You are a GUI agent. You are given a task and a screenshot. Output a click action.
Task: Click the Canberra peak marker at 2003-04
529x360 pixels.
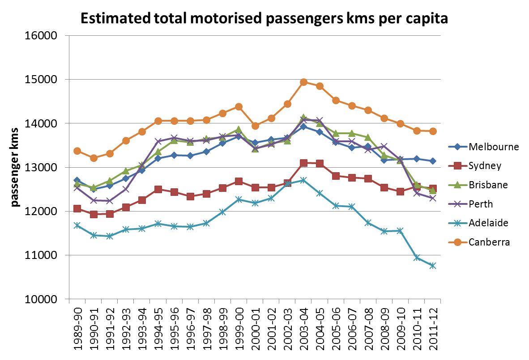(x=303, y=82)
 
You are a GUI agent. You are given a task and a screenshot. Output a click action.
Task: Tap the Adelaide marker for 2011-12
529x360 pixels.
(x=433, y=266)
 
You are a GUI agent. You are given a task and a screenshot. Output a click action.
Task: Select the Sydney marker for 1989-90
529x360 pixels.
(x=77, y=208)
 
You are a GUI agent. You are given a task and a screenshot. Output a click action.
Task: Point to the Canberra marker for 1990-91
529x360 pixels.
(x=93, y=158)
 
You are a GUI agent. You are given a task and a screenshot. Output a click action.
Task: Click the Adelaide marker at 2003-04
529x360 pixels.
(x=303, y=180)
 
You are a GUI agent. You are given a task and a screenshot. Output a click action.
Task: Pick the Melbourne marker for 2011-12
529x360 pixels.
(x=433, y=161)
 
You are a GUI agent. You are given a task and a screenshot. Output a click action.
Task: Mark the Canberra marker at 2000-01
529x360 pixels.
(x=255, y=126)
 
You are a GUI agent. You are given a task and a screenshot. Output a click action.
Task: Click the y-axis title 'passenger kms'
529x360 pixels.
(x=15, y=167)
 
